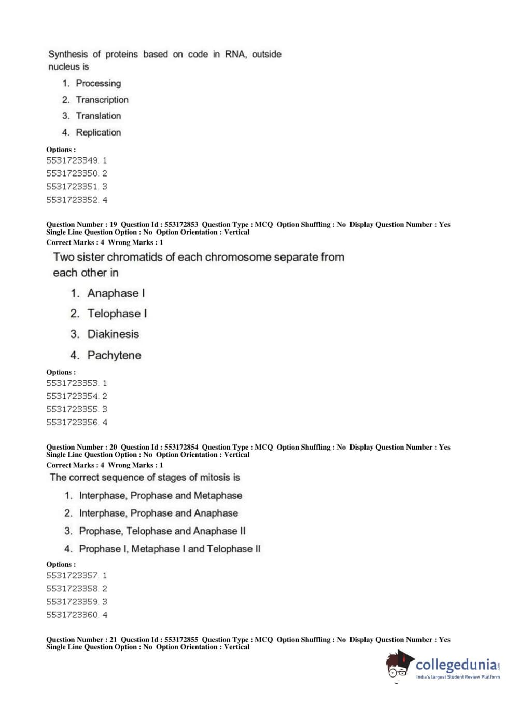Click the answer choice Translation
point(98,116)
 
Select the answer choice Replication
point(98,132)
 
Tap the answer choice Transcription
point(102,100)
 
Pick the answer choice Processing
point(98,83)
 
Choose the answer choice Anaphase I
point(116,293)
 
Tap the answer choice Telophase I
point(117,314)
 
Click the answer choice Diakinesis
point(113,334)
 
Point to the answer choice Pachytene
point(114,355)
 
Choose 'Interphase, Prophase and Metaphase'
point(160,496)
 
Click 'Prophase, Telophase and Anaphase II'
point(162,531)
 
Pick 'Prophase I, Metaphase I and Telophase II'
point(170,549)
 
